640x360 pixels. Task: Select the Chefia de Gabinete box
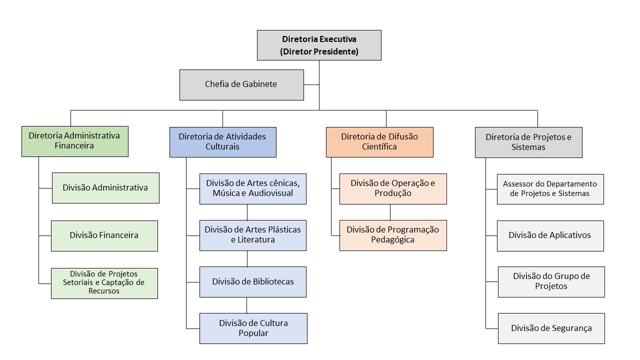(241, 84)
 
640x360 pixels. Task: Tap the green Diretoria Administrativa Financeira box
(75, 141)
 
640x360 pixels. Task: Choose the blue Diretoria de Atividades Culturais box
(222, 142)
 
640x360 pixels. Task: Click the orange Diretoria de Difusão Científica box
(379, 142)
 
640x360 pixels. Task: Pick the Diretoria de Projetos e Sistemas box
(528, 142)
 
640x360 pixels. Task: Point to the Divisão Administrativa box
(105, 188)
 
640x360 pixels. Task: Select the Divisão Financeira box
(104, 235)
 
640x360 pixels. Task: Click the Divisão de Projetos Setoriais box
(104, 283)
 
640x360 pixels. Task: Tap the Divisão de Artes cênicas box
(253, 188)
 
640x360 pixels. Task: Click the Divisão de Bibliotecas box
(253, 282)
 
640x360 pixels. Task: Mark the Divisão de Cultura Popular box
(253, 328)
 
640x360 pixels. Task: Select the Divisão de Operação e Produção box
(393, 188)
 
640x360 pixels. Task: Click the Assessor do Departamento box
(550, 189)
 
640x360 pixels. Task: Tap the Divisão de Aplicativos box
(550, 235)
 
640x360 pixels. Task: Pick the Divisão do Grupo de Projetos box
(551, 282)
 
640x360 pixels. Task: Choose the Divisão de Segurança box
(551, 328)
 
